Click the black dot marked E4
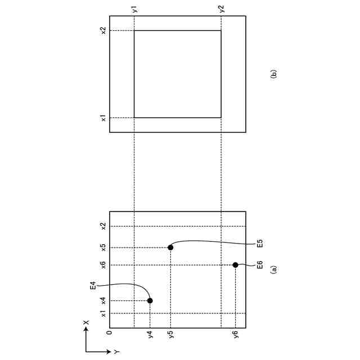point(150,300)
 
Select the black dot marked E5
point(170,247)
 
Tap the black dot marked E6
point(235,265)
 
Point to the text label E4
point(93,285)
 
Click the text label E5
point(260,244)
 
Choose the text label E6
point(260,265)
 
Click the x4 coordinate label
point(103,300)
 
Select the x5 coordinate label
point(103,247)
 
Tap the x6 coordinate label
point(103,265)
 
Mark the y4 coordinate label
point(151,334)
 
